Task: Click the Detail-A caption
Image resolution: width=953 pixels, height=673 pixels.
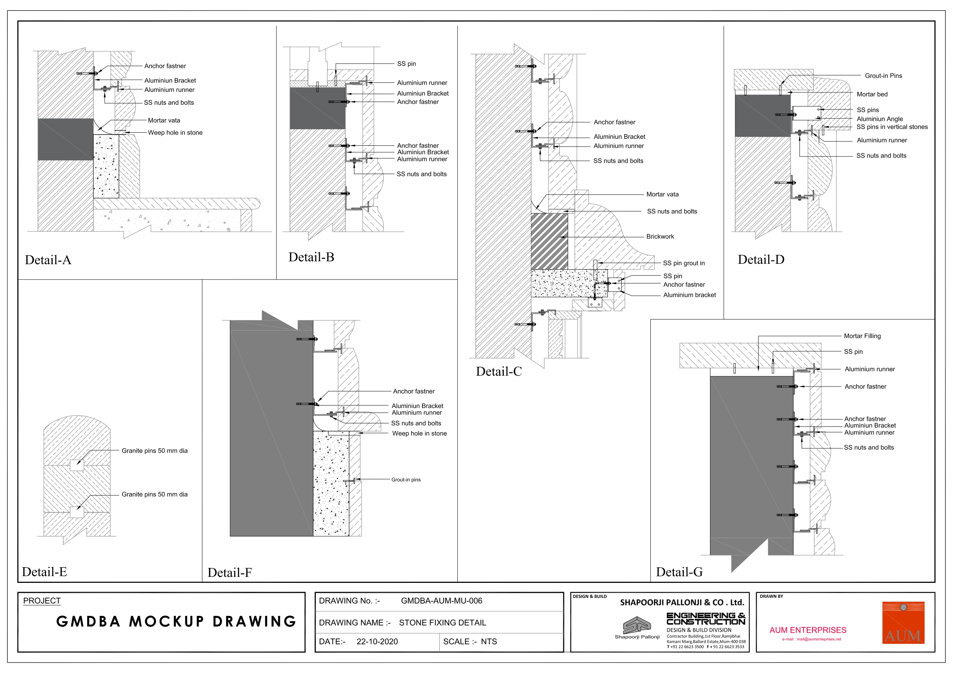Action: tap(48, 260)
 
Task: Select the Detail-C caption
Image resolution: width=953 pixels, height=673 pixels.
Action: tap(499, 372)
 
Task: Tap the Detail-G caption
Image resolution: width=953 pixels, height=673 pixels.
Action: tap(680, 572)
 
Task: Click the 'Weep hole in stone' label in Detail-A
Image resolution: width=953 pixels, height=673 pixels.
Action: tap(175, 133)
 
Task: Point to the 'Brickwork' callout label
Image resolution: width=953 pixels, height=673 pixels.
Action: tap(660, 237)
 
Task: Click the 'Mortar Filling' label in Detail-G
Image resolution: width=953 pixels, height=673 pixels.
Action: tap(862, 336)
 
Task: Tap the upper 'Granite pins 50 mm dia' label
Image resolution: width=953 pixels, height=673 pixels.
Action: tap(154, 451)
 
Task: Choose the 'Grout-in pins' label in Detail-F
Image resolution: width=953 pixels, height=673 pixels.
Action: tap(406, 480)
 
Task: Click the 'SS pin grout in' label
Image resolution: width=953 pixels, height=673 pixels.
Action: tap(683, 263)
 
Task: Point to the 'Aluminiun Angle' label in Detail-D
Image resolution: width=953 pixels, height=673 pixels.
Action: tap(880, 119)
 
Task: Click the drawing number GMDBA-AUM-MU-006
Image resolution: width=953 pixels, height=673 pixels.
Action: tap(442, 601)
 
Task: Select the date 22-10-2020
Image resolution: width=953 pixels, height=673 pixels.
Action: tap(377, 642)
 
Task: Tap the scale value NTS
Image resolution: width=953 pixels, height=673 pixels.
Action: tap(489, 642)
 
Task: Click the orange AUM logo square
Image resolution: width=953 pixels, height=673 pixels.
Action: tap(903, 622)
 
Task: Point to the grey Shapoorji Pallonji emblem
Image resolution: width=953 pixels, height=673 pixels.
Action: tap(637, 625)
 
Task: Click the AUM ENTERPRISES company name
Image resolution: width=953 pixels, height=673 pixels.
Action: tap(808, 630)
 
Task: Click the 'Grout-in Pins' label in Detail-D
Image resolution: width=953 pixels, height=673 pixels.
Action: tap(883, 76)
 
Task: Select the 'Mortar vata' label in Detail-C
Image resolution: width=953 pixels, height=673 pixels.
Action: tap(662, 194)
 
